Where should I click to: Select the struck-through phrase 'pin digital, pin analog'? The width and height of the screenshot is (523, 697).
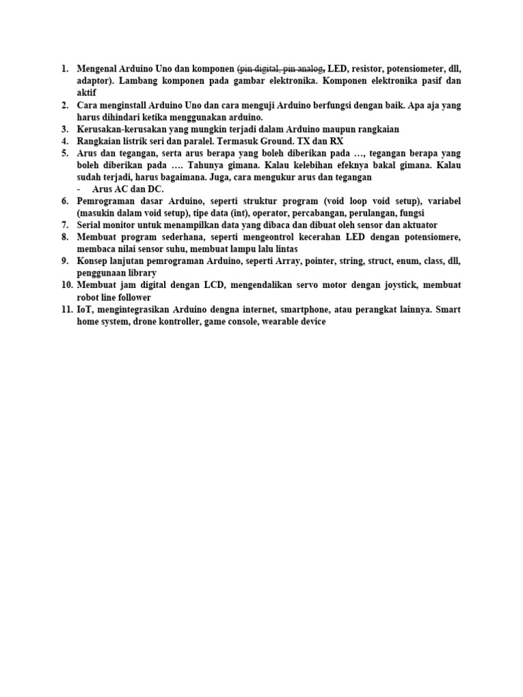pyautogui.click(x=281, y=69)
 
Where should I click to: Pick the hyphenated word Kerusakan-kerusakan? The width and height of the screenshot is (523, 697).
pyautogui.click(x=125, y=129)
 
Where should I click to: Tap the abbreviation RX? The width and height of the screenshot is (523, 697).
pyautogui.click(x=336, y=141)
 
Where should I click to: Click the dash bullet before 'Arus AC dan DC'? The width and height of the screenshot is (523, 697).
pyautogui.click(x=80, y=189)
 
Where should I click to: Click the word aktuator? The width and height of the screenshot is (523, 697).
pyautogui.click(x=417, y=225)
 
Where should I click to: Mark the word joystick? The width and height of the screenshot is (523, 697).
pyautogui.click(x=407, y=285)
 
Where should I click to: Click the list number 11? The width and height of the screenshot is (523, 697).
pyautogui.click(x=66, y=309)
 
